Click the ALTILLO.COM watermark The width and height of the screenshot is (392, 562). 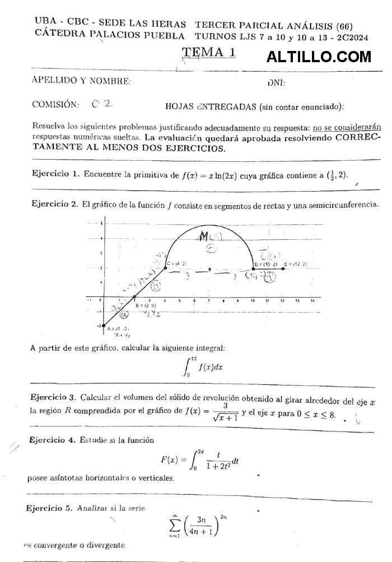[x=319, y=57]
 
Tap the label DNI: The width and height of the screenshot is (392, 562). [x=277, y=83]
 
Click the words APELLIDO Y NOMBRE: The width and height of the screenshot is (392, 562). [x=82, y=81]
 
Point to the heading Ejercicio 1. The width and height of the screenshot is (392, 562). [x=55, y=174]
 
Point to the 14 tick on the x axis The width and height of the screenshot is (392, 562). [x=312, y=301]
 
